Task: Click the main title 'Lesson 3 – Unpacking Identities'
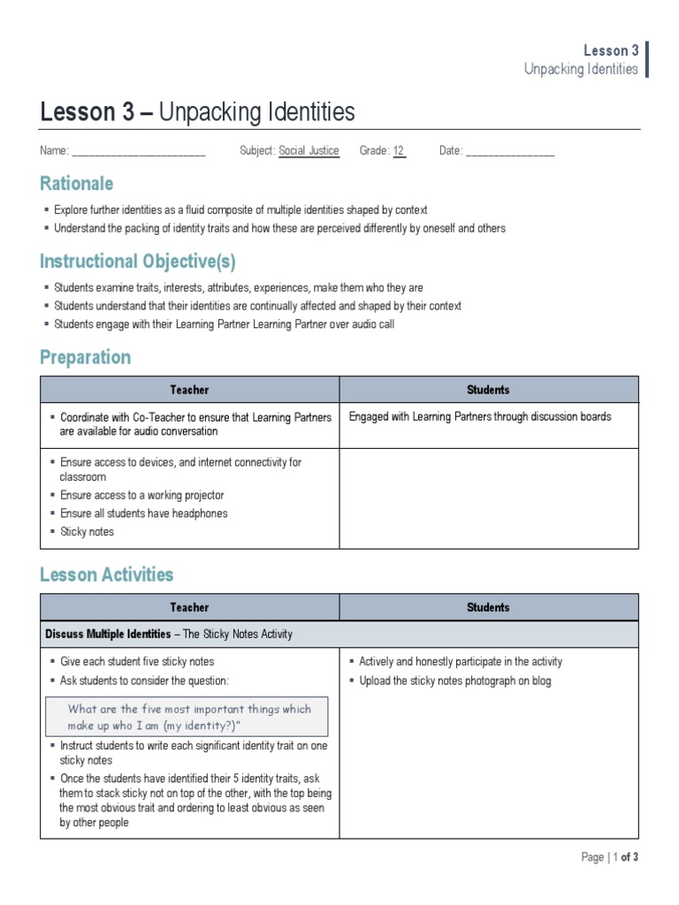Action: click(197, 112)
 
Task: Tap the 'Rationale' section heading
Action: click(76, 184)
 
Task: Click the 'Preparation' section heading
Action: click(85, 357)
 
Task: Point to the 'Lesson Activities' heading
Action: click(106, 574)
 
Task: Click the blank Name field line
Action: click(138, 152)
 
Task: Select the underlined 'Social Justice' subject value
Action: click(309, 151)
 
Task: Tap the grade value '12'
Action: click(399, 151)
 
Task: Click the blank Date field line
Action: click(509, 152)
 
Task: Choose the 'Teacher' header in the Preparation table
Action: click(189, 390)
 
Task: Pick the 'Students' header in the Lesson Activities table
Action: click(488, 607)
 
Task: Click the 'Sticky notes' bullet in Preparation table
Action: click(87, 532)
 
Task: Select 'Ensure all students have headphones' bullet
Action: click(143, 513)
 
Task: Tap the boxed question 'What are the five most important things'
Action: click(189, 717)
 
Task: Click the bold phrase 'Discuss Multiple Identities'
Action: click(108, 635)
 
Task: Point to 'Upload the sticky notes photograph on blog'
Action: click(454, 681)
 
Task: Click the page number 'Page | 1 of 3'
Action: click(609, 857)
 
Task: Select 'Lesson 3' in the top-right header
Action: click(611, 50)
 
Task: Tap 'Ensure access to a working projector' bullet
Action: click(141, 495)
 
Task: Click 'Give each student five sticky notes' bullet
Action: click(137, 661)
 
